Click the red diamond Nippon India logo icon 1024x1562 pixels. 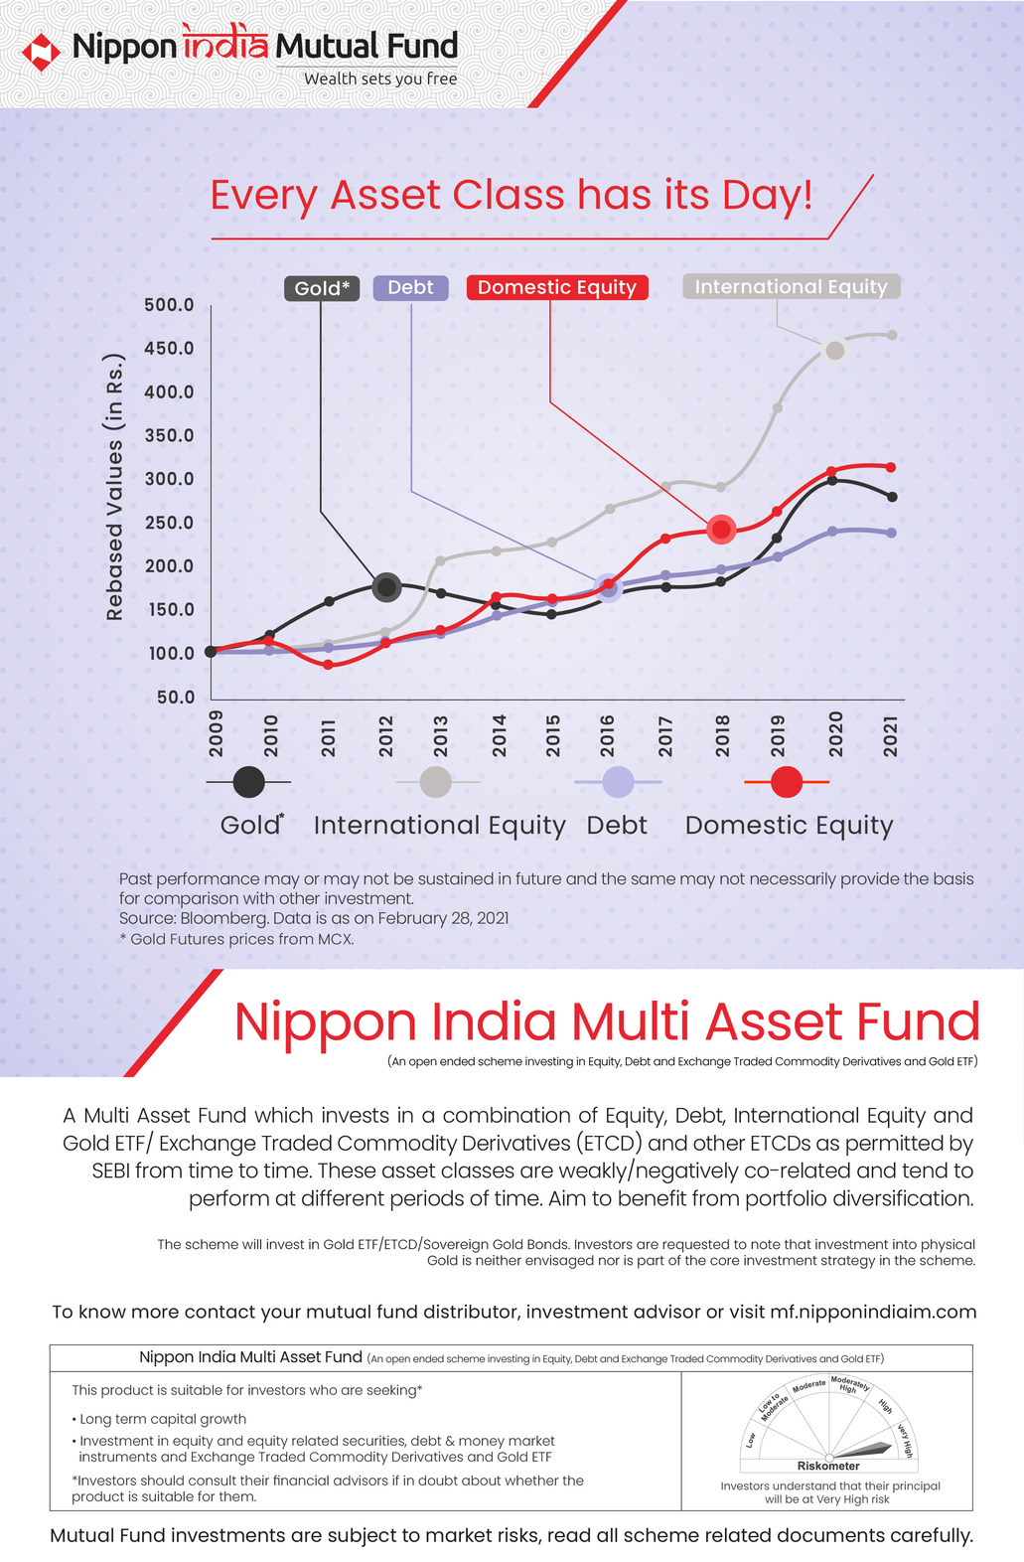[x=42, y=53]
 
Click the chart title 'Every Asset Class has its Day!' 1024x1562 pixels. [x=512, y=195]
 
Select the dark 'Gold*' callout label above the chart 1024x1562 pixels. [x=322, y=288]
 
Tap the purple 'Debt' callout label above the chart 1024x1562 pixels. [x=410, y=287]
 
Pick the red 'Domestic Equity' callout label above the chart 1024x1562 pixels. [x=557, y=287]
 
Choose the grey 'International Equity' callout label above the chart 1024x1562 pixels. [x=791, y=286]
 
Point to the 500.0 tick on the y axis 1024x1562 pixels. [x=169, y=305]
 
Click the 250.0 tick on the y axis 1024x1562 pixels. [x=169, y=523]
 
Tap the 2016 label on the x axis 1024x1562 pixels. [x=607, y=735]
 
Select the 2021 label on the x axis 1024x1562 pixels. [x=891, y=735]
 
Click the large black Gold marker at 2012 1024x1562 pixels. [x=386, y=587]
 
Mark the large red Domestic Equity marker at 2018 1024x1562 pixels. [x=722, y=529]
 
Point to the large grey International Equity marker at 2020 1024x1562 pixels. [x=835, y=350]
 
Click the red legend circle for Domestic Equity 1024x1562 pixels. [x=787, y=782]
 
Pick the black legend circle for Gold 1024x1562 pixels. [x=248, y=782]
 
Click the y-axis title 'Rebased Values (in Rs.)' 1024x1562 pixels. [x=115, y=487]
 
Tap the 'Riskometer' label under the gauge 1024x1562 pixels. [x=828, y=1466]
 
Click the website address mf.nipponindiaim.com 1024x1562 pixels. [x=873, y=1312]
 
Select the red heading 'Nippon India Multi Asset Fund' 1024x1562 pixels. [x=607, y=1022]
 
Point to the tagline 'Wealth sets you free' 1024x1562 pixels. [x=380, y=78]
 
